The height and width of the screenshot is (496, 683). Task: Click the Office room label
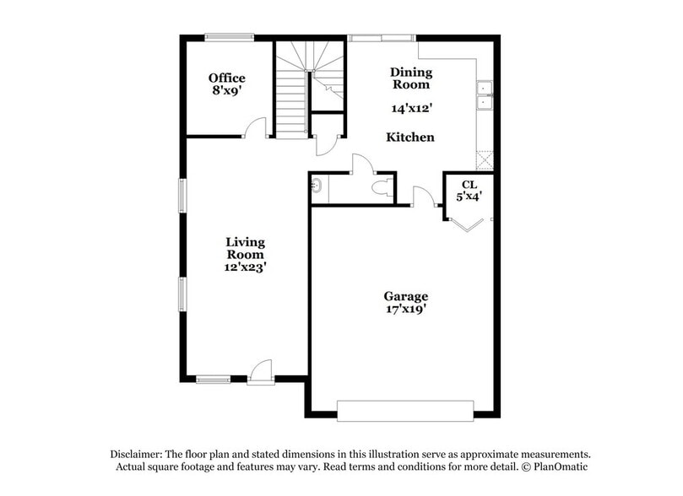point(227,78)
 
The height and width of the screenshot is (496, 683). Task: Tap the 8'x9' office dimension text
point(227,89)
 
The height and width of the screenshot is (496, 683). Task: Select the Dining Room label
point(410,78)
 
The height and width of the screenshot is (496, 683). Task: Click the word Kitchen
point(410,137)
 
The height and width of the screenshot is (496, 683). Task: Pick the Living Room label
point(245,248)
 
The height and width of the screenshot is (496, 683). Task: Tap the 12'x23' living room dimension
point(245,267)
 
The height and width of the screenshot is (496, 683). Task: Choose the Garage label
point(406,296)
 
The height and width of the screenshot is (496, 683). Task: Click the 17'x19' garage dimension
point(406,309)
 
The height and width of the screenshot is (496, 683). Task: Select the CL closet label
point(469,185)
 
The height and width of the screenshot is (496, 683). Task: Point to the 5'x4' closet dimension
point(469,197)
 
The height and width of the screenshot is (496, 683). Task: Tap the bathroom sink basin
point(316,186)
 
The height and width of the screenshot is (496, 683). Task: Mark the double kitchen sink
point(485,95)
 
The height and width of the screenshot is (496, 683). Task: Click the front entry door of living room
point(262,371)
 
